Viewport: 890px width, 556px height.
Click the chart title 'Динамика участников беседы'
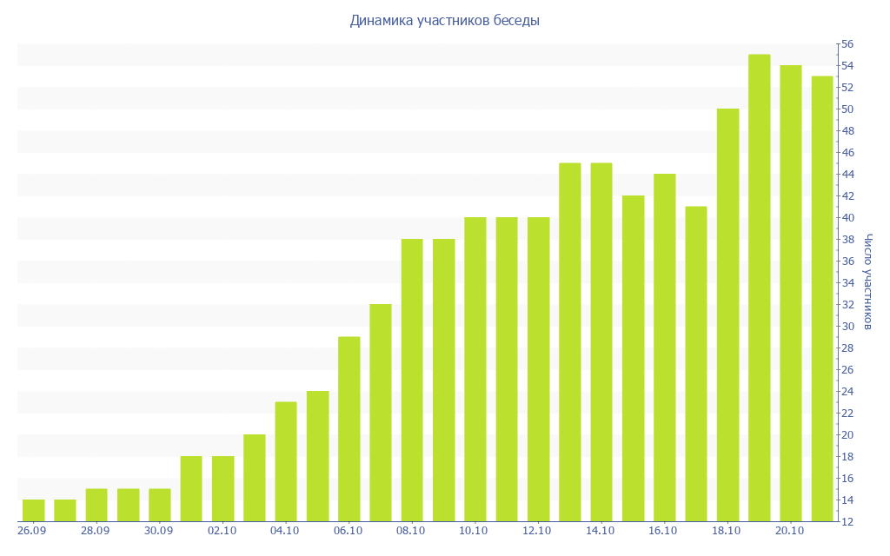444,21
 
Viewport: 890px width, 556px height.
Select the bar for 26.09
33,511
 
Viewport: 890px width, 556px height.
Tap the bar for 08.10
412,381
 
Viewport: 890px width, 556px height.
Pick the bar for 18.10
727,315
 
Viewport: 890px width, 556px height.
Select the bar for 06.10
349,429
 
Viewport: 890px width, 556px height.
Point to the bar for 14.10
601,342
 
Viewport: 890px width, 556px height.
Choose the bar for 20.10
791,294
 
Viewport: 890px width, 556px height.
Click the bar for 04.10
286,461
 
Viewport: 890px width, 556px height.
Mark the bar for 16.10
664,347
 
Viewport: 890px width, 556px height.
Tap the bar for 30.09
160,505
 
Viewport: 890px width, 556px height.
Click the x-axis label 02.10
222,531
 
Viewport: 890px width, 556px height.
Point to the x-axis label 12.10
538,531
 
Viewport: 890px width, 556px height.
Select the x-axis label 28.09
96,531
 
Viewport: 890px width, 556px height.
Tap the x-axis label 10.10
475,531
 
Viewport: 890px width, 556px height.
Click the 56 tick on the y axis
847,44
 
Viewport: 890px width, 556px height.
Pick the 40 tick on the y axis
847,218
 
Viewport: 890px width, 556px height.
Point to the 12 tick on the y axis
847,522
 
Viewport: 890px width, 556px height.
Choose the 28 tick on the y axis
847,348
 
